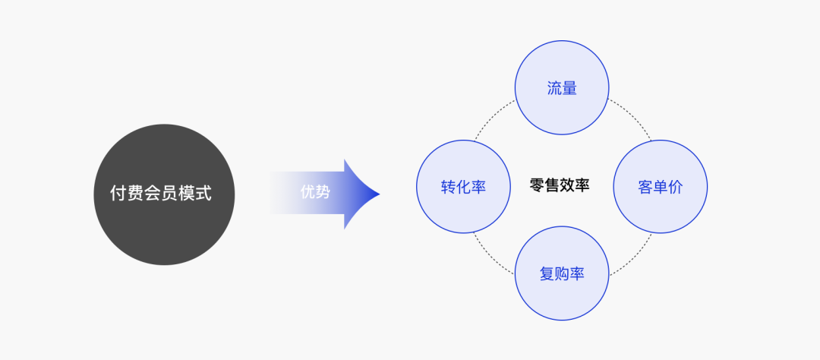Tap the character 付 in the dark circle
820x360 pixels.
[118, 194]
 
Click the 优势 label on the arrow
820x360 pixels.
[315, 192]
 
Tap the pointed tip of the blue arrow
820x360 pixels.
[378, 194]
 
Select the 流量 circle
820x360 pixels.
[562, 88]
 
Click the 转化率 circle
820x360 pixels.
[463, 186]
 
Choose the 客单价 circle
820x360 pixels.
[660, 186]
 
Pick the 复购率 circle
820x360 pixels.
[562, 273]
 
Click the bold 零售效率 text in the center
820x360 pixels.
[560, 185]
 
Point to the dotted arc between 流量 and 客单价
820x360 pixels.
[632, 118]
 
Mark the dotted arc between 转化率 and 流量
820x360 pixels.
[494, 118]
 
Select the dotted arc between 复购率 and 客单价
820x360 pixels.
[632, 254]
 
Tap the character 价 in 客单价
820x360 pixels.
[675, 187]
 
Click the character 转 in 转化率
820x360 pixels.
[448, 187]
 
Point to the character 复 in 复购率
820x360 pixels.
[547, 274]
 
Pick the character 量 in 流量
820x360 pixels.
[569, 89]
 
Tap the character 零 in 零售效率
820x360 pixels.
[538, 185]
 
